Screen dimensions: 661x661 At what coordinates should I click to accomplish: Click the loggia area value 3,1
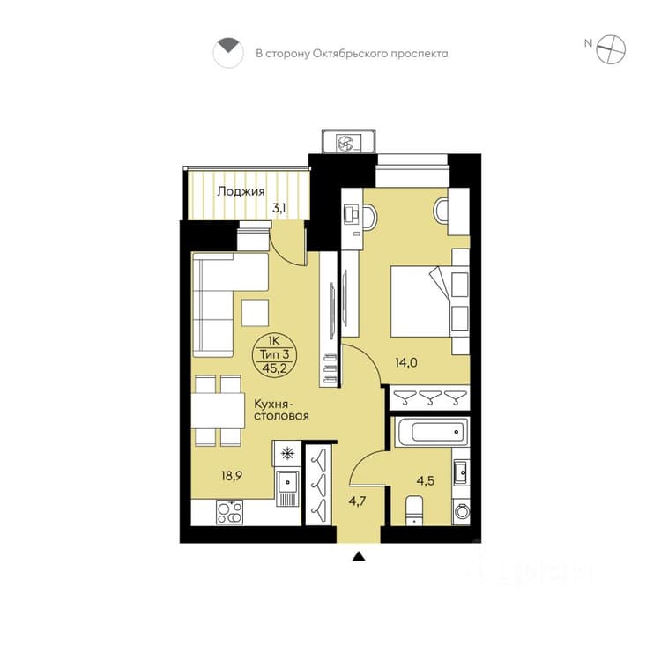pyautogui.click(x=279, y=207)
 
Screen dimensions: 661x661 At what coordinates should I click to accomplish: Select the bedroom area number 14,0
pyautogui.click(x=406, y=362)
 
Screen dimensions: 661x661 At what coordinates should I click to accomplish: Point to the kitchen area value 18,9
pyautogui.click(x=232, y=476)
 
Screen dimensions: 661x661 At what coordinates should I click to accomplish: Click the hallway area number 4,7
pyautogui.click(x=357, y=501)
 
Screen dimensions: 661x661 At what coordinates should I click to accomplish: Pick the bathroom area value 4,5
pyautogui.click(x=426, y=480)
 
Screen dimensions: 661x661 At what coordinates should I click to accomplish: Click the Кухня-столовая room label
pyautogui.click(x=281, y=410)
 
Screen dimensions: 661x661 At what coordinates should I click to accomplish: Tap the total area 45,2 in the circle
pyautogui.click(x=274, y=368)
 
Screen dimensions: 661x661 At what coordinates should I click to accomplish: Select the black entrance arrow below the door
pyautogui.click(x=359, y=556)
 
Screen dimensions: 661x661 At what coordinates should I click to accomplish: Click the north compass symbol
pyautogui.click(x=611, y=49)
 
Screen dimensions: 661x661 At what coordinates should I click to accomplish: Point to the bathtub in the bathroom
pyautogui.click(x=432, y=432)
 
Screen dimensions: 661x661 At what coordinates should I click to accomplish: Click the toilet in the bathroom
pyautogui.click(x=414, y=511)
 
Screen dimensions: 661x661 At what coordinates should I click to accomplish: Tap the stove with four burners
pyautogui.click(x=230, y=512)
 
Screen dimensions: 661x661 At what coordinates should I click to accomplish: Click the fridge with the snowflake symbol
pyautogui.click(x=287, y=454)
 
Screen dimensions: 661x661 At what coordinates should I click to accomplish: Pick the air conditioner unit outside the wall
pyautogui.click(x=349, y=142)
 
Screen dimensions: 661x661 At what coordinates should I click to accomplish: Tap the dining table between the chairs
pyautogui.click(x=218, y=411)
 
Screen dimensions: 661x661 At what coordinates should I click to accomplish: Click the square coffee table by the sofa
pyautogui.click(x=255, y=312)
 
